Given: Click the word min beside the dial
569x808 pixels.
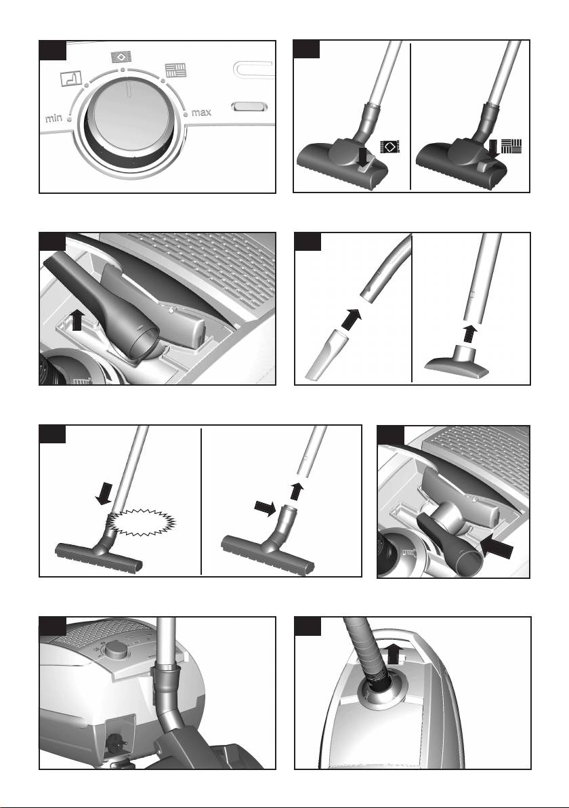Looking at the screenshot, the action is pos(54,118).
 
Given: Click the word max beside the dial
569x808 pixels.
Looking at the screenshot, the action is pos(201,113).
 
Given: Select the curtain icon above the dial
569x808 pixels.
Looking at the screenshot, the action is pos(72,79).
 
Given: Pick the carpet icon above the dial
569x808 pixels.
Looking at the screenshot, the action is pos(121,57).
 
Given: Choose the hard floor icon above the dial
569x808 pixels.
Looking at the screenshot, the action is pos(175,70).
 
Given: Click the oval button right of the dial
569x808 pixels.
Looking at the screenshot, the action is pos(250,106).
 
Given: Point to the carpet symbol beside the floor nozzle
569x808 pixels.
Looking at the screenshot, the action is pos(389,147).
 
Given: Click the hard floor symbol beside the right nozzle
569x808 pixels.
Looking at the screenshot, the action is pos(511,146).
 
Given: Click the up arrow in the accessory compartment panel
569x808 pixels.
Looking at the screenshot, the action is pos(77,319).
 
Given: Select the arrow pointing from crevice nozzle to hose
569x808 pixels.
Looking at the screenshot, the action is pos(350,319).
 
